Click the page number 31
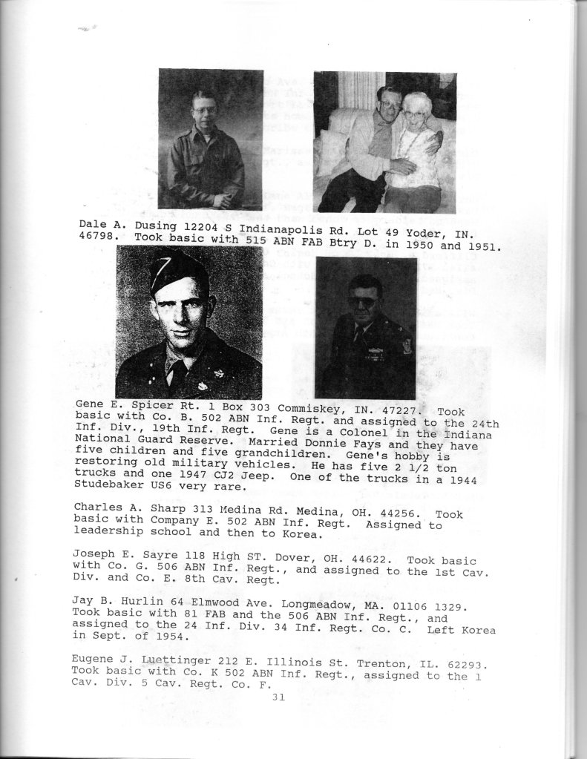pos(278,697)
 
